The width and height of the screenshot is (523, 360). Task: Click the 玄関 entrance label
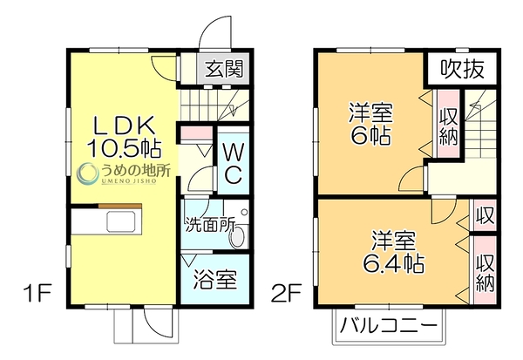coord(224,69)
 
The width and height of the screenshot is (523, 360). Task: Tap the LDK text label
coord(124,126)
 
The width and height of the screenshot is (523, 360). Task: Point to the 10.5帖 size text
coord(125,148)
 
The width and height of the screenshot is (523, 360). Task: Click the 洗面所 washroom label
coord(210,225)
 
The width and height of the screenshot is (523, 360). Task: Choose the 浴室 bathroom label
coord(215,279)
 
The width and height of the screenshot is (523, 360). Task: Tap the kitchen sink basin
coord(121,222)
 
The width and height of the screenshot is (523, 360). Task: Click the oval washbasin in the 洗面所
coord(237,236)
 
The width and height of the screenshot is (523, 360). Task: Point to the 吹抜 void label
coord(462,69)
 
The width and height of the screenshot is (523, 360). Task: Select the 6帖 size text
coord(370,135)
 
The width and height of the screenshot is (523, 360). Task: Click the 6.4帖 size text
coord(394,263)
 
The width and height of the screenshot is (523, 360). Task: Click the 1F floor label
coord(37,293)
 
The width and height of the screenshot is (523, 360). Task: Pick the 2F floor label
coord(287,293)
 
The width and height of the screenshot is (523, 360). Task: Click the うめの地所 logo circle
coord(88,173)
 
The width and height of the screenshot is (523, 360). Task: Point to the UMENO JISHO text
coord(129,180)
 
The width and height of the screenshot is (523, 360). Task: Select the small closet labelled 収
coord(485,215)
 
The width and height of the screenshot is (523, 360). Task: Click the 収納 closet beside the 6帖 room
coord(448,124)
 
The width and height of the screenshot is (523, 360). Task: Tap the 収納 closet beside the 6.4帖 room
coord(485,270)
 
